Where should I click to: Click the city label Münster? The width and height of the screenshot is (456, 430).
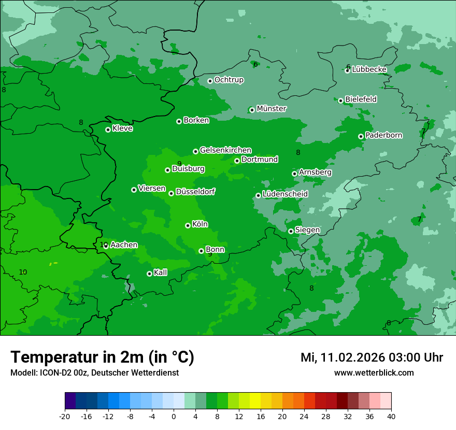point(271,109)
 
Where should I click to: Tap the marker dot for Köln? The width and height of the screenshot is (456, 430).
point(188,225)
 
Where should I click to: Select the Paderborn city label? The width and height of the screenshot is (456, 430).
point(383,135)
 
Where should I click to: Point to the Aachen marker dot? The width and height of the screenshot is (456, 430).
point(106,246)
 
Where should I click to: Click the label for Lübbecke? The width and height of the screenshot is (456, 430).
point(369,69)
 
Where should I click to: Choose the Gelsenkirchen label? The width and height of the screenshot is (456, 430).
point(225,150)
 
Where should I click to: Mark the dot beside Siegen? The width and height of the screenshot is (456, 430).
point(291,231)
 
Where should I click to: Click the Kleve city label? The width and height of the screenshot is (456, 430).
point(122,128)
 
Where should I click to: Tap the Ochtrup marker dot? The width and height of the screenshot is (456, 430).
point(210,81)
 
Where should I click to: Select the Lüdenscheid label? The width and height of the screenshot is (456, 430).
point(285,194)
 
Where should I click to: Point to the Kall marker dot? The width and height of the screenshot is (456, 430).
point(149,274)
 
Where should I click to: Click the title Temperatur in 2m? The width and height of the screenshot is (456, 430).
point(102,357)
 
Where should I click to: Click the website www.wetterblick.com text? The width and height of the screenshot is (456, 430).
point(374,372)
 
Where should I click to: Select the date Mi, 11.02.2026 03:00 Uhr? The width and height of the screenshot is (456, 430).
point(372,357)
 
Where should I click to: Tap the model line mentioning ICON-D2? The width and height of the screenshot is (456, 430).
point(94,372)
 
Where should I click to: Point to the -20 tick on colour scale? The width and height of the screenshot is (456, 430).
point(64,416)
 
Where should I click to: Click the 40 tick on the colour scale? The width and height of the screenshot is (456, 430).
point(391,416)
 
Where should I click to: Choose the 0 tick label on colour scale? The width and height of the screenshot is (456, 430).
point(174,416)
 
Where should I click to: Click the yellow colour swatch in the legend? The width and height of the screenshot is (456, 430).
point(255,401)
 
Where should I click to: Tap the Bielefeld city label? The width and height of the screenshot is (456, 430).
point(361,99)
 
